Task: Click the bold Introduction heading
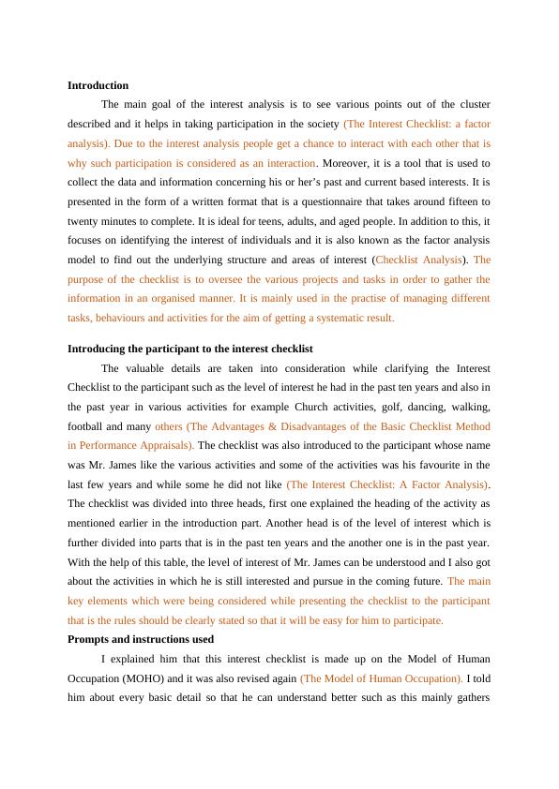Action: pyautogui.click(x=98, y=85)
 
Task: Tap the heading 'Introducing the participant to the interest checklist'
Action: pyautogui.click(x=189, y=349)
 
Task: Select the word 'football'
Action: pyautogui.click(x=87, y=425)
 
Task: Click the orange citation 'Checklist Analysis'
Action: pyautogui.click(x=418, y=260)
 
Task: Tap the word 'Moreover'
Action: pyautogui.click(x=346, y=163)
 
